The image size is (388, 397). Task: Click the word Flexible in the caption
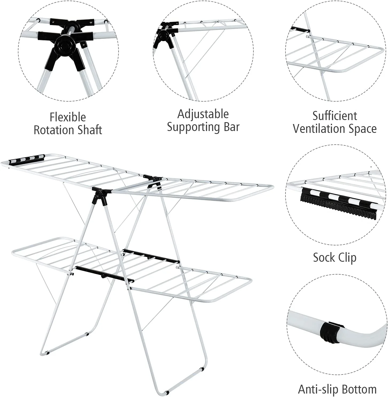(68, 117)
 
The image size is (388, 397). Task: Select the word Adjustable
(203, 114)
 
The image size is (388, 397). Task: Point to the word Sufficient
(335, 116)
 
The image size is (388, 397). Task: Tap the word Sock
(324, 257)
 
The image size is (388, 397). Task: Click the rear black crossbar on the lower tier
(151, 255)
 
